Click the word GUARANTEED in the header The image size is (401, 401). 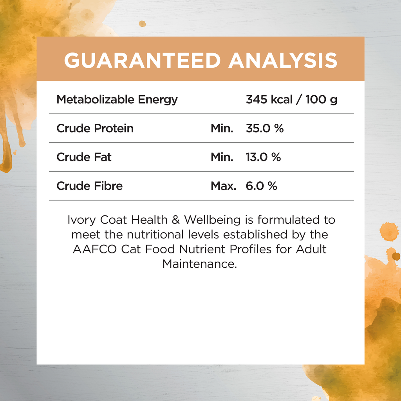pos(142,61)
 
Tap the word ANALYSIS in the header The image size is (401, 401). pos(283,61)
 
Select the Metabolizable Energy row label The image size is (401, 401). pos(117,100)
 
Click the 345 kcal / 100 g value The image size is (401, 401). pos(291,100)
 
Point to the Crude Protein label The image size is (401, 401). pos(95,128)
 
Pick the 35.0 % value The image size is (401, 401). pos(265,128)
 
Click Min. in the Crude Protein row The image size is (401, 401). pos(222,128)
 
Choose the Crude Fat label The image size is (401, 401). pos(84,157)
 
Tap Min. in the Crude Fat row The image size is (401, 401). pos(222,157)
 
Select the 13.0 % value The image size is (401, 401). pos(263,157)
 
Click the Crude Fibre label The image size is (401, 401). pos(90,186)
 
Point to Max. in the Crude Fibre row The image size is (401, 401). pos(223,186)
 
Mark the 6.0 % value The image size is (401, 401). pos(261,186)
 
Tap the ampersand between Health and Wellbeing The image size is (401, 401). pos(176,220)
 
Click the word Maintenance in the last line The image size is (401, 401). pos(199,264)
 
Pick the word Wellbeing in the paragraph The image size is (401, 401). pos(212,220)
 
